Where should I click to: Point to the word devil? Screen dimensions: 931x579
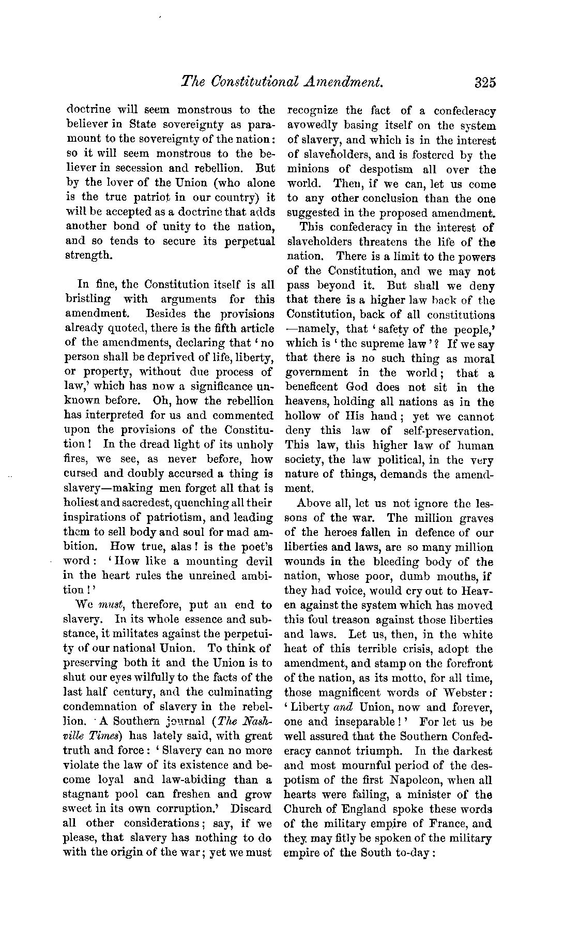[252, 561]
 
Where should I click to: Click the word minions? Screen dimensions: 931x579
[309, 170]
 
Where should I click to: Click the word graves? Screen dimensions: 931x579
[475, 518]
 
